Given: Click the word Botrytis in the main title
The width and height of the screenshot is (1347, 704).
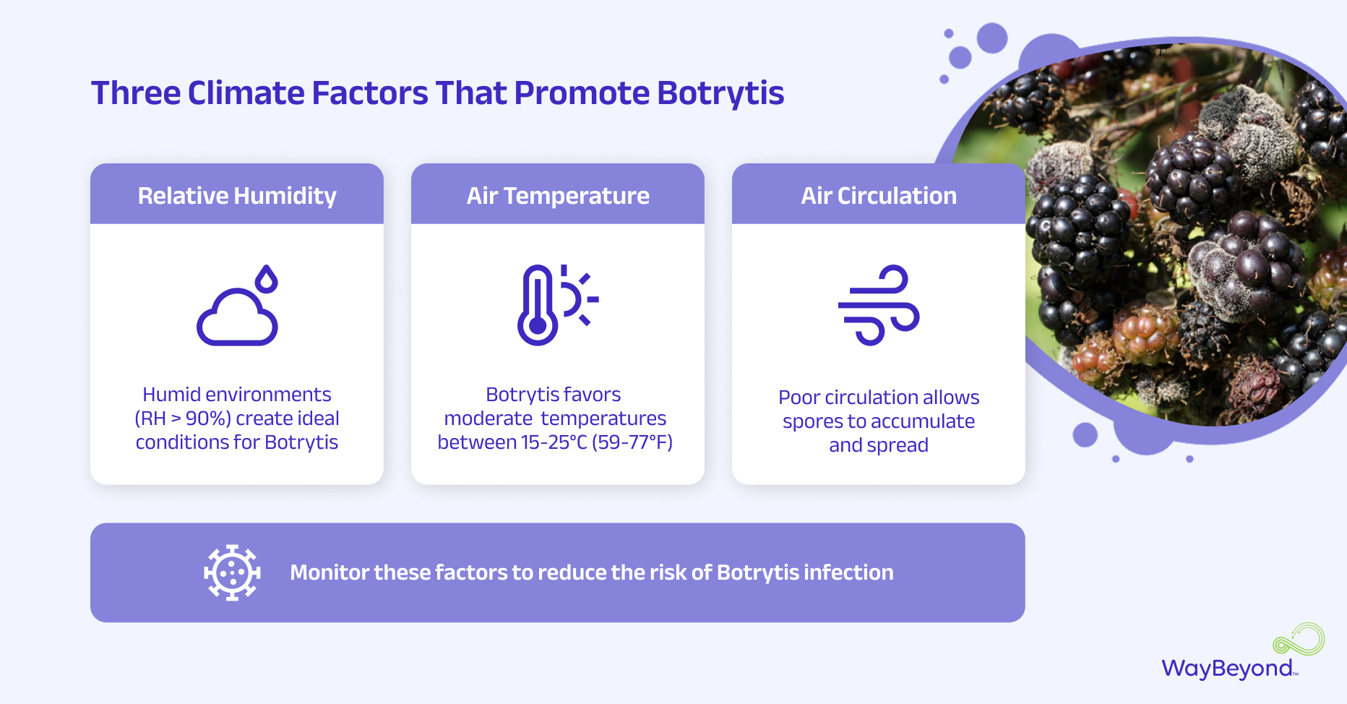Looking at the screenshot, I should (720, 93).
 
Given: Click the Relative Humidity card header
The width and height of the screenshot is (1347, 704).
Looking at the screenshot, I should (237, 195).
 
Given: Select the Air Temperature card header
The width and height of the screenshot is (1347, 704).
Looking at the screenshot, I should (558, 195).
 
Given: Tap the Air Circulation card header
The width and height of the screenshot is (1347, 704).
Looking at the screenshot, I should (879, 195).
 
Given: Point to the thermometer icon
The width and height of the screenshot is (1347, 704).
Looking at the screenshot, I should (538, 305).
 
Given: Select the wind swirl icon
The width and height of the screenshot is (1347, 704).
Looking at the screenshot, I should (879, 305).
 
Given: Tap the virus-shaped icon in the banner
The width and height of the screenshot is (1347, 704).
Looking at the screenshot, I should (232, 572).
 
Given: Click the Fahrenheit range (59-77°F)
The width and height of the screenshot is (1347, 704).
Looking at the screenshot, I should (632, 442).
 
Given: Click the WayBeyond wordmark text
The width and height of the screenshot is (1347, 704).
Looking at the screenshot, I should (1227, 669).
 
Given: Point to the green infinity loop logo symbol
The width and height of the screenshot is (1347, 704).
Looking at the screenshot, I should (1299, 640).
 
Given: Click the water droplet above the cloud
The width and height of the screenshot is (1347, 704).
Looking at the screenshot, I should (267, 279).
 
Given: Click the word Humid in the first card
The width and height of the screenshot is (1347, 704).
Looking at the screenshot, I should (171, 395).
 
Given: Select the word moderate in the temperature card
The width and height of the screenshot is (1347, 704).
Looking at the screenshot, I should (489, 418).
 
